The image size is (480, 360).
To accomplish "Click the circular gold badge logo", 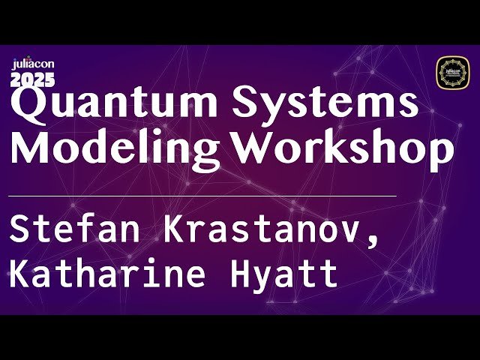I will pyautogui.click(x=451, y=72).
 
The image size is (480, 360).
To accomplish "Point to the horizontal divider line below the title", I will pyautogui.click(x=202, y=195).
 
